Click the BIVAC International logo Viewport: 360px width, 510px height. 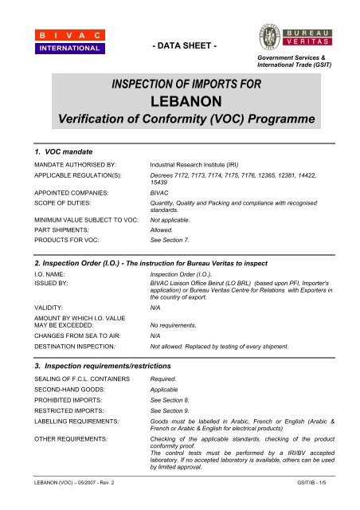68,41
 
